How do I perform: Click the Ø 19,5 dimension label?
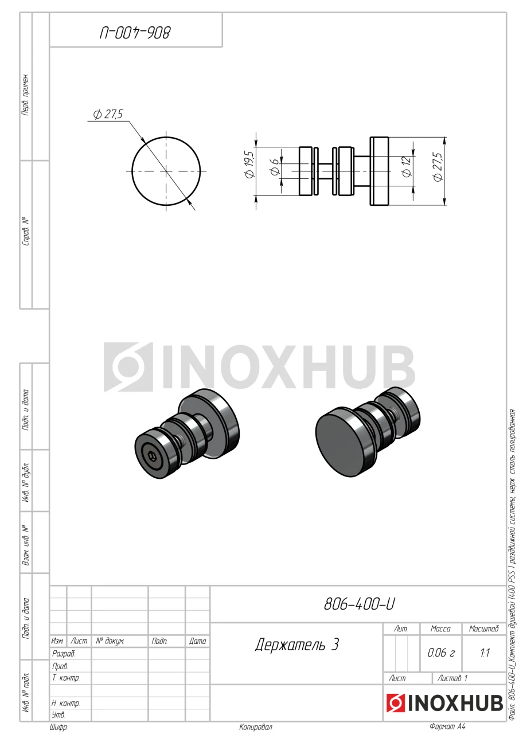point(249,165)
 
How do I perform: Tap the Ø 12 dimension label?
point(407,166)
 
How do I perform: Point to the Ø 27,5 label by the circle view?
point(108,114)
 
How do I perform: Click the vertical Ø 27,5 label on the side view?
point(438,166)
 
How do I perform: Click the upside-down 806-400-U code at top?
point(135,33)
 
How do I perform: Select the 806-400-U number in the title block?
point(359,604)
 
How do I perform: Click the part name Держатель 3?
point(296,645)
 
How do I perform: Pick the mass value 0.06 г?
point(440,653)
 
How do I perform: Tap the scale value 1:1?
point(485,653)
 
